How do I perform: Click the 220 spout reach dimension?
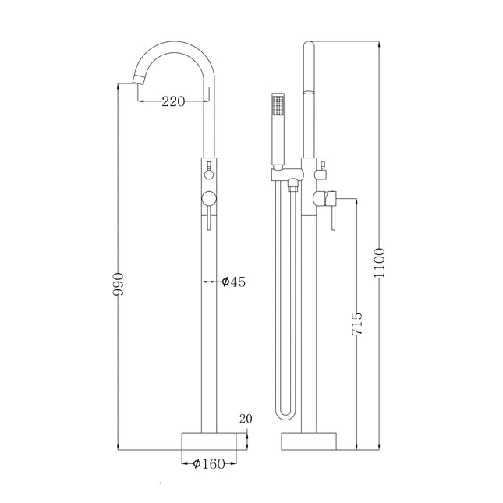(x=173, y=101)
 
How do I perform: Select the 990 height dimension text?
(x=118, y=284)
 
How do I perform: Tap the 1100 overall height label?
(x=379, y=263)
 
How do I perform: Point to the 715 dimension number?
(x=356, y=324)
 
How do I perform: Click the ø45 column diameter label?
(x=233, y=282)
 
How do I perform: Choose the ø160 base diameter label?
(x=209, y=463)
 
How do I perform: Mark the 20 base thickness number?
(x=246, y=419)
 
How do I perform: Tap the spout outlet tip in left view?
(x=137, y=79)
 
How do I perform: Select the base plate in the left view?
(x=209, y=441)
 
